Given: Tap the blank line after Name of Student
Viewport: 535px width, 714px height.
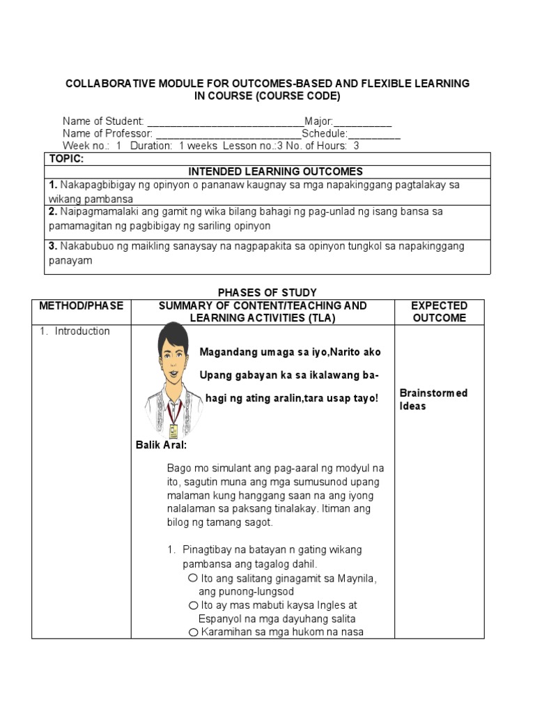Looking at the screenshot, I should coord(225,121).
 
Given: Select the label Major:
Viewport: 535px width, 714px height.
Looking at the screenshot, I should coord(319,121).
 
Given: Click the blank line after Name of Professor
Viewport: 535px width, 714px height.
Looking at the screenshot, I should coord(228,133).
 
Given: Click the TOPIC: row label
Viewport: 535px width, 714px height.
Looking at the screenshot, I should coord(66,159).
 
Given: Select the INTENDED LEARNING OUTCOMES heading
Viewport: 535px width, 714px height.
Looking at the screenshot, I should coord(276,172).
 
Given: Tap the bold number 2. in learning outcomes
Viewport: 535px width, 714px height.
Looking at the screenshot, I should coord(53,211).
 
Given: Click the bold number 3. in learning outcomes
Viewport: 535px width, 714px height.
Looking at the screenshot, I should coord(53,246).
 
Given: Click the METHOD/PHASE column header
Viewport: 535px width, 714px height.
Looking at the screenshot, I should coord(81,305).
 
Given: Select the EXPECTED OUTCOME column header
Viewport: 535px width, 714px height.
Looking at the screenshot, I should coord(439,312).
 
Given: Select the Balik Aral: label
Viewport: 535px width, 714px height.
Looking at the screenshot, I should coord(161,445).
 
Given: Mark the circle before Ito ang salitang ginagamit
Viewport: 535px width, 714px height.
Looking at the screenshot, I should coord(192,578).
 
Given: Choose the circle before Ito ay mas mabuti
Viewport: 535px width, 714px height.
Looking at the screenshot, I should coord(192,605).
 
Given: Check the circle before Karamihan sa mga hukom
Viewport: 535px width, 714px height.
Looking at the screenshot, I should coord(193,632).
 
